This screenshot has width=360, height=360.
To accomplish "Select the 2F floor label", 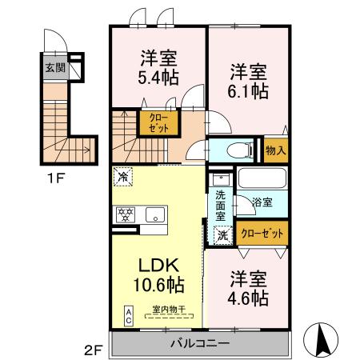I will click(94, 350).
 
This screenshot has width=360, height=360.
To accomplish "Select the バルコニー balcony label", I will click(199, 342).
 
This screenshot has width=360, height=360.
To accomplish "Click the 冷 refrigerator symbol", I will click(123, 174).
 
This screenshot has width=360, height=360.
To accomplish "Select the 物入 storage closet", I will click(274, 150).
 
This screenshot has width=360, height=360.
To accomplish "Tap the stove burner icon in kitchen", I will click(126, 214).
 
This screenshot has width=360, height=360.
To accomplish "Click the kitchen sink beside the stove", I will click(155, 214).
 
